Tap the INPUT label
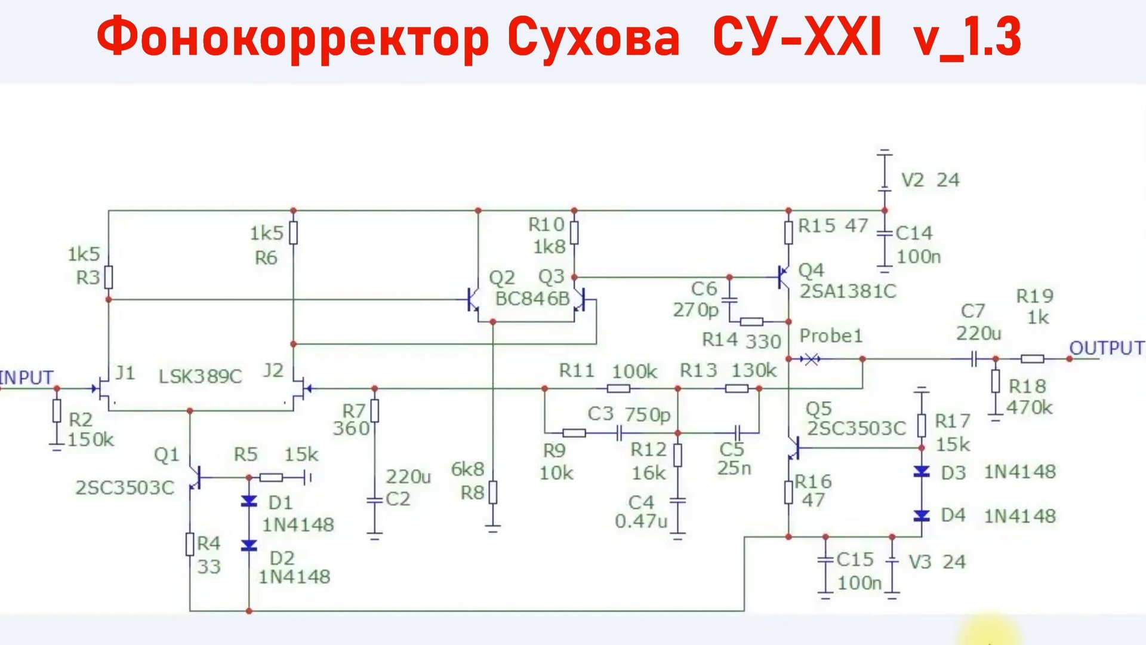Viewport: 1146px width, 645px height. click(x=27, y=377)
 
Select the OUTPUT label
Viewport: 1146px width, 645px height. click(x=1107, y=348)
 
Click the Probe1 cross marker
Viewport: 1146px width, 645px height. click(x=811, y=359)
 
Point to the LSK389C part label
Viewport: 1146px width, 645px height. click(x=200, y=377)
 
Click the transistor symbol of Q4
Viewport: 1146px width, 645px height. click(x=784, y=278)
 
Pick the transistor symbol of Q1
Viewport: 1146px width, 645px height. click(x=195, y=477)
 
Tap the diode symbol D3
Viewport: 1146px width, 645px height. click(x=922, y=472)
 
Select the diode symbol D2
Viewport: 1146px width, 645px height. click(x=249, y=545)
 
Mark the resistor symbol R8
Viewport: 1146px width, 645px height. click(x=493, y=493)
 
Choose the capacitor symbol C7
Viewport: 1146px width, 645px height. click(x=974, y=359)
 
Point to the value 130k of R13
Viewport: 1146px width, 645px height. click(x=754, y=371)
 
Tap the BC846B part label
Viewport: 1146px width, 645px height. click(x=532, y=299)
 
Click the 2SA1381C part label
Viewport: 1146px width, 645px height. click(x=848, y=291)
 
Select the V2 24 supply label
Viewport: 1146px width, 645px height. click(x=929, y=180)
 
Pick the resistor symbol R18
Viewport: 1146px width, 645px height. click(x=995, y=381)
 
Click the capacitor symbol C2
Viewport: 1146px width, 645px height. click(x=374, y=500)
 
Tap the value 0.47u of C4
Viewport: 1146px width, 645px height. click(x=640, y=521)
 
